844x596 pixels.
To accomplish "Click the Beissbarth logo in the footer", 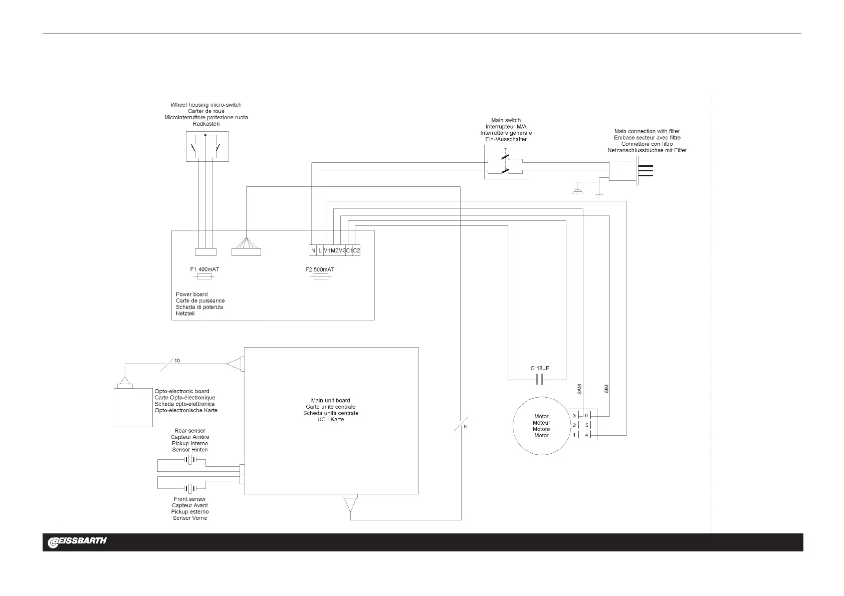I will (77, 542).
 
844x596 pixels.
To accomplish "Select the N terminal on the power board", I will (313, 250).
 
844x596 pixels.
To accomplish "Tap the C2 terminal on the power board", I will (356, 250).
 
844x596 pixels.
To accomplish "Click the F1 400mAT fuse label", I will (204, 269).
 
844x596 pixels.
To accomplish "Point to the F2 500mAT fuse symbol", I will (320, 276).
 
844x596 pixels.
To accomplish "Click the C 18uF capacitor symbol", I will (539, 380).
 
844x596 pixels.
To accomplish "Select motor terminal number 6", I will (586, 415).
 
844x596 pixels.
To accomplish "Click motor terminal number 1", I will (575, 435).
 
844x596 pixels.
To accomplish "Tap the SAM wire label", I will (579, 389).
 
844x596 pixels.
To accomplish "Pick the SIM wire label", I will (606, 389).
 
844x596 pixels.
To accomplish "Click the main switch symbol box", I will (506, 162).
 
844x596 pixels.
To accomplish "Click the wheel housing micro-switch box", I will (207, 146).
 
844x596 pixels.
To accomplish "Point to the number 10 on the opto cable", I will (177, 361).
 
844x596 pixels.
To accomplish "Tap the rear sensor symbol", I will (189, 460).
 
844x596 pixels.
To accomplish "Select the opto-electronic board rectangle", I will (133, 408).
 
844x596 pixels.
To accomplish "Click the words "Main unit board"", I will (330, 401).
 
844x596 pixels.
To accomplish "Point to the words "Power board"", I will (191, 294).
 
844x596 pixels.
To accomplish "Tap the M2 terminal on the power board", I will (334, 250).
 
